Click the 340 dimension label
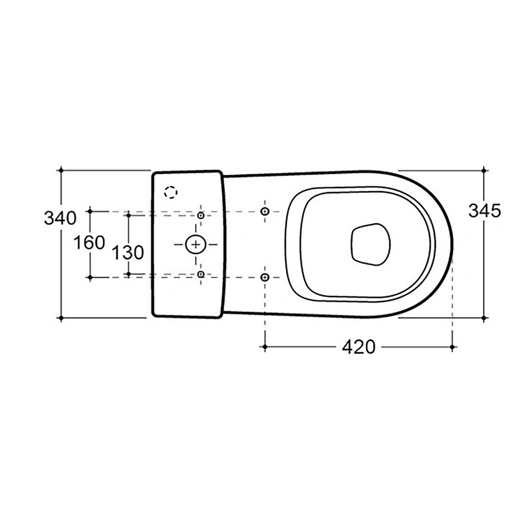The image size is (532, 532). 60,218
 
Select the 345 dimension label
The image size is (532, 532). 484,211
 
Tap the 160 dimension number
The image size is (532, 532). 89,243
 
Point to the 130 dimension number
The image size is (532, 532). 128,253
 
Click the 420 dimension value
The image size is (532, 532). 359,347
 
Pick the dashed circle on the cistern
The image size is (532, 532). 171,192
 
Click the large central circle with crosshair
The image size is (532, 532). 195,244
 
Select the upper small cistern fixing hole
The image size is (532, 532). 201,215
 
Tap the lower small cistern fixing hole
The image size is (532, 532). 201,274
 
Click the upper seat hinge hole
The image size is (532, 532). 265,211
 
